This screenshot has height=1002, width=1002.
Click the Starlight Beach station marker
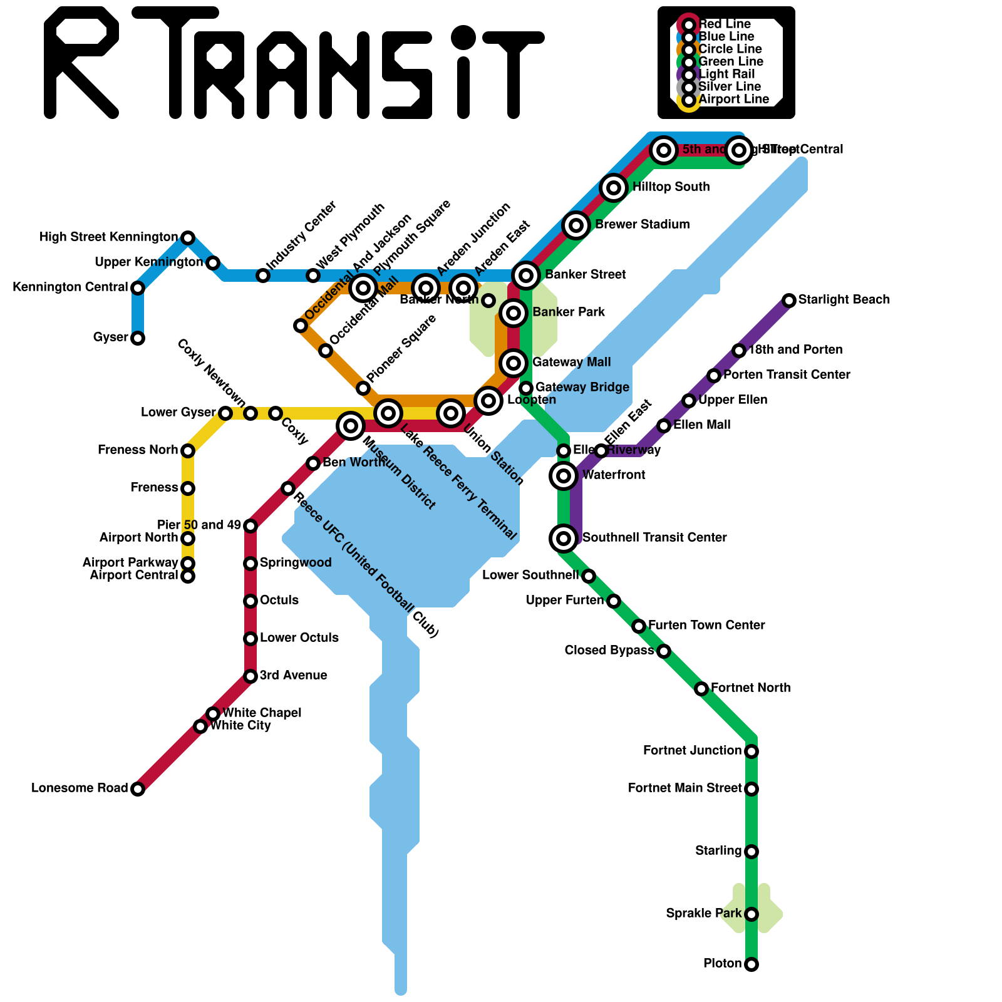[x=789, y=301]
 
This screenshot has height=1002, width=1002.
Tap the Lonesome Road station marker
[x=138, y=789]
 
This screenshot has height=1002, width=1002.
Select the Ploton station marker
[x=751, y=964]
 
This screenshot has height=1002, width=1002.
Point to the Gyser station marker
[x=138, y=338]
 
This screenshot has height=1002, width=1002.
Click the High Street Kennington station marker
[x=188, y=238]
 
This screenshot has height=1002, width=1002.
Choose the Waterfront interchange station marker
[x=564, y=476]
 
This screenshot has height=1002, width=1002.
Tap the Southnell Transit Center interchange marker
[x=564, y=538]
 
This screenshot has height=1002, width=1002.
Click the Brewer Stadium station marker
[x=576, y=225]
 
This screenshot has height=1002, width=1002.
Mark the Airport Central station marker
[x=188, y=576]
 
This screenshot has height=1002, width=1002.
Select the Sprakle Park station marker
[x=751, y=914]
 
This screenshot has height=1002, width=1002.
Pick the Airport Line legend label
[x=733, y=100]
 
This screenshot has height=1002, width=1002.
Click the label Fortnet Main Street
[x=684, y=788]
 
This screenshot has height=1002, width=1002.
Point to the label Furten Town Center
[x=706, y=626]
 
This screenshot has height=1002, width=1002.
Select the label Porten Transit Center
[x=787, y=375]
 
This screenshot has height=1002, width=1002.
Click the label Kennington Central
[x=70, y=287]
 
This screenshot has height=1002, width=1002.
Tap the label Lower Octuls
[x=299, y=638]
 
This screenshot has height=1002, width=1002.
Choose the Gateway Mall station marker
[x=514, y=363]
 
